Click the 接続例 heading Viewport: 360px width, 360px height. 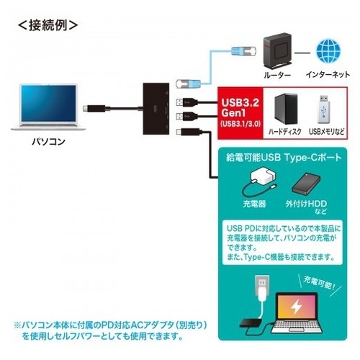(x=48, y=25)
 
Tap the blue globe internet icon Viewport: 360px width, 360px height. (x=328, y=51)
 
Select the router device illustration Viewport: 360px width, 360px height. (x=277, y=50)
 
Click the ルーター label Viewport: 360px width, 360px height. (x=277, y=75)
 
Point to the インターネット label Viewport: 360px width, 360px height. (x=328, y=75)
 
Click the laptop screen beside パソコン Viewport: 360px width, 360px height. (x=48, y=103)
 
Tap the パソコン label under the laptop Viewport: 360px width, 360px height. (x=48, y=141)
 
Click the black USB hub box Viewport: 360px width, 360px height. (x=156, y=109)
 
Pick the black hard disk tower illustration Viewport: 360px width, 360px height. (x=286, y=109)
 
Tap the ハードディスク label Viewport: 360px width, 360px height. (x=285, y=132)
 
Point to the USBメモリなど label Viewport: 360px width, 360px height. (x=326, y=132)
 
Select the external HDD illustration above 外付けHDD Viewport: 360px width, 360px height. (x=306, y=183)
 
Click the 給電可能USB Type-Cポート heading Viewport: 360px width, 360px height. (x=284, y=158)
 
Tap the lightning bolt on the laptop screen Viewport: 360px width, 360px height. (x=297, y=307)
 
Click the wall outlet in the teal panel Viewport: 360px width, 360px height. (x=262, y=284)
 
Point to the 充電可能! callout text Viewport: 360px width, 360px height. (x=320, y=283)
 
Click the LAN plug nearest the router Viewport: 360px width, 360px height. (x=243, y=51)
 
